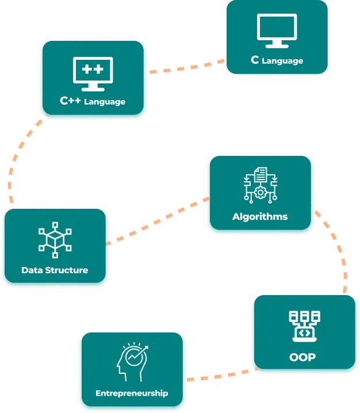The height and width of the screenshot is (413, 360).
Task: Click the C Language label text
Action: pyautogui.click(x=277, y=60)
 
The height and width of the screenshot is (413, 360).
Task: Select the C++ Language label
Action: pyautogui.click(x=93, y=101)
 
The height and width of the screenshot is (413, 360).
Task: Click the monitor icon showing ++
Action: pyautogui.click(x=93, y=73)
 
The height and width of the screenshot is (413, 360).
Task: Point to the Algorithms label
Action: pyautogui.click(x=260, y=217)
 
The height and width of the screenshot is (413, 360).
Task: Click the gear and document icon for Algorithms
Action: pyautogui.click(x=260, y=183)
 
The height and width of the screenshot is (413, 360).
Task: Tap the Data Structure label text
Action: pyautogui.click(x=55, y=270)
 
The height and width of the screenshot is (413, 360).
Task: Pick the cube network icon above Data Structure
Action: pyautogui.click(x=55, y=239)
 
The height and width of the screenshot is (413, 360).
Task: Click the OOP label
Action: pyautogui.click(x=302, y=357)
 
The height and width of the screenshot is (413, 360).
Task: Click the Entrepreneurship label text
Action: pyautogui.click(x=132, y=393)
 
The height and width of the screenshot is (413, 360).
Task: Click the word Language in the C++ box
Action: pyautogui.click(x=105, y=102)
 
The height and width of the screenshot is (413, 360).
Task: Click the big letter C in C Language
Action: pyautogui.click(x=255, y=60)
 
